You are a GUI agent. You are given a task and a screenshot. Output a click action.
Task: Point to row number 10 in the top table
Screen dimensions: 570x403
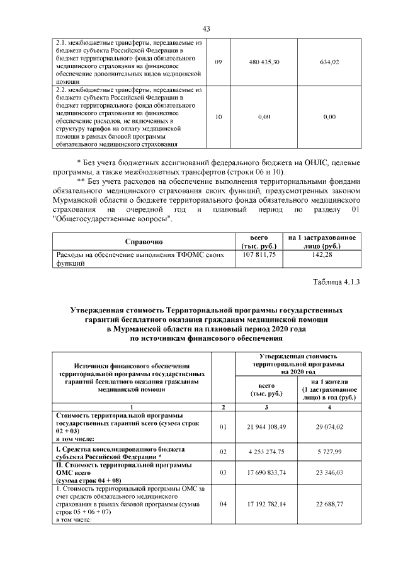[219, 117]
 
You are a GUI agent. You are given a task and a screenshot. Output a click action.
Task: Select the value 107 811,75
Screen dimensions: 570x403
[259, 255]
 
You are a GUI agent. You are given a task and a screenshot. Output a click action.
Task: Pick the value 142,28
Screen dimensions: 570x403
[322, 255]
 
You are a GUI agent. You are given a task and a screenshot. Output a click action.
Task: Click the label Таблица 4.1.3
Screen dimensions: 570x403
[336, 282]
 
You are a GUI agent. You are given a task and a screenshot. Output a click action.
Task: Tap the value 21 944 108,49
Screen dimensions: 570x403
[264, 428]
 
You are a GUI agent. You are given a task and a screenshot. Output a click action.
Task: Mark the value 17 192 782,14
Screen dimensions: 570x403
[264, 503]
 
